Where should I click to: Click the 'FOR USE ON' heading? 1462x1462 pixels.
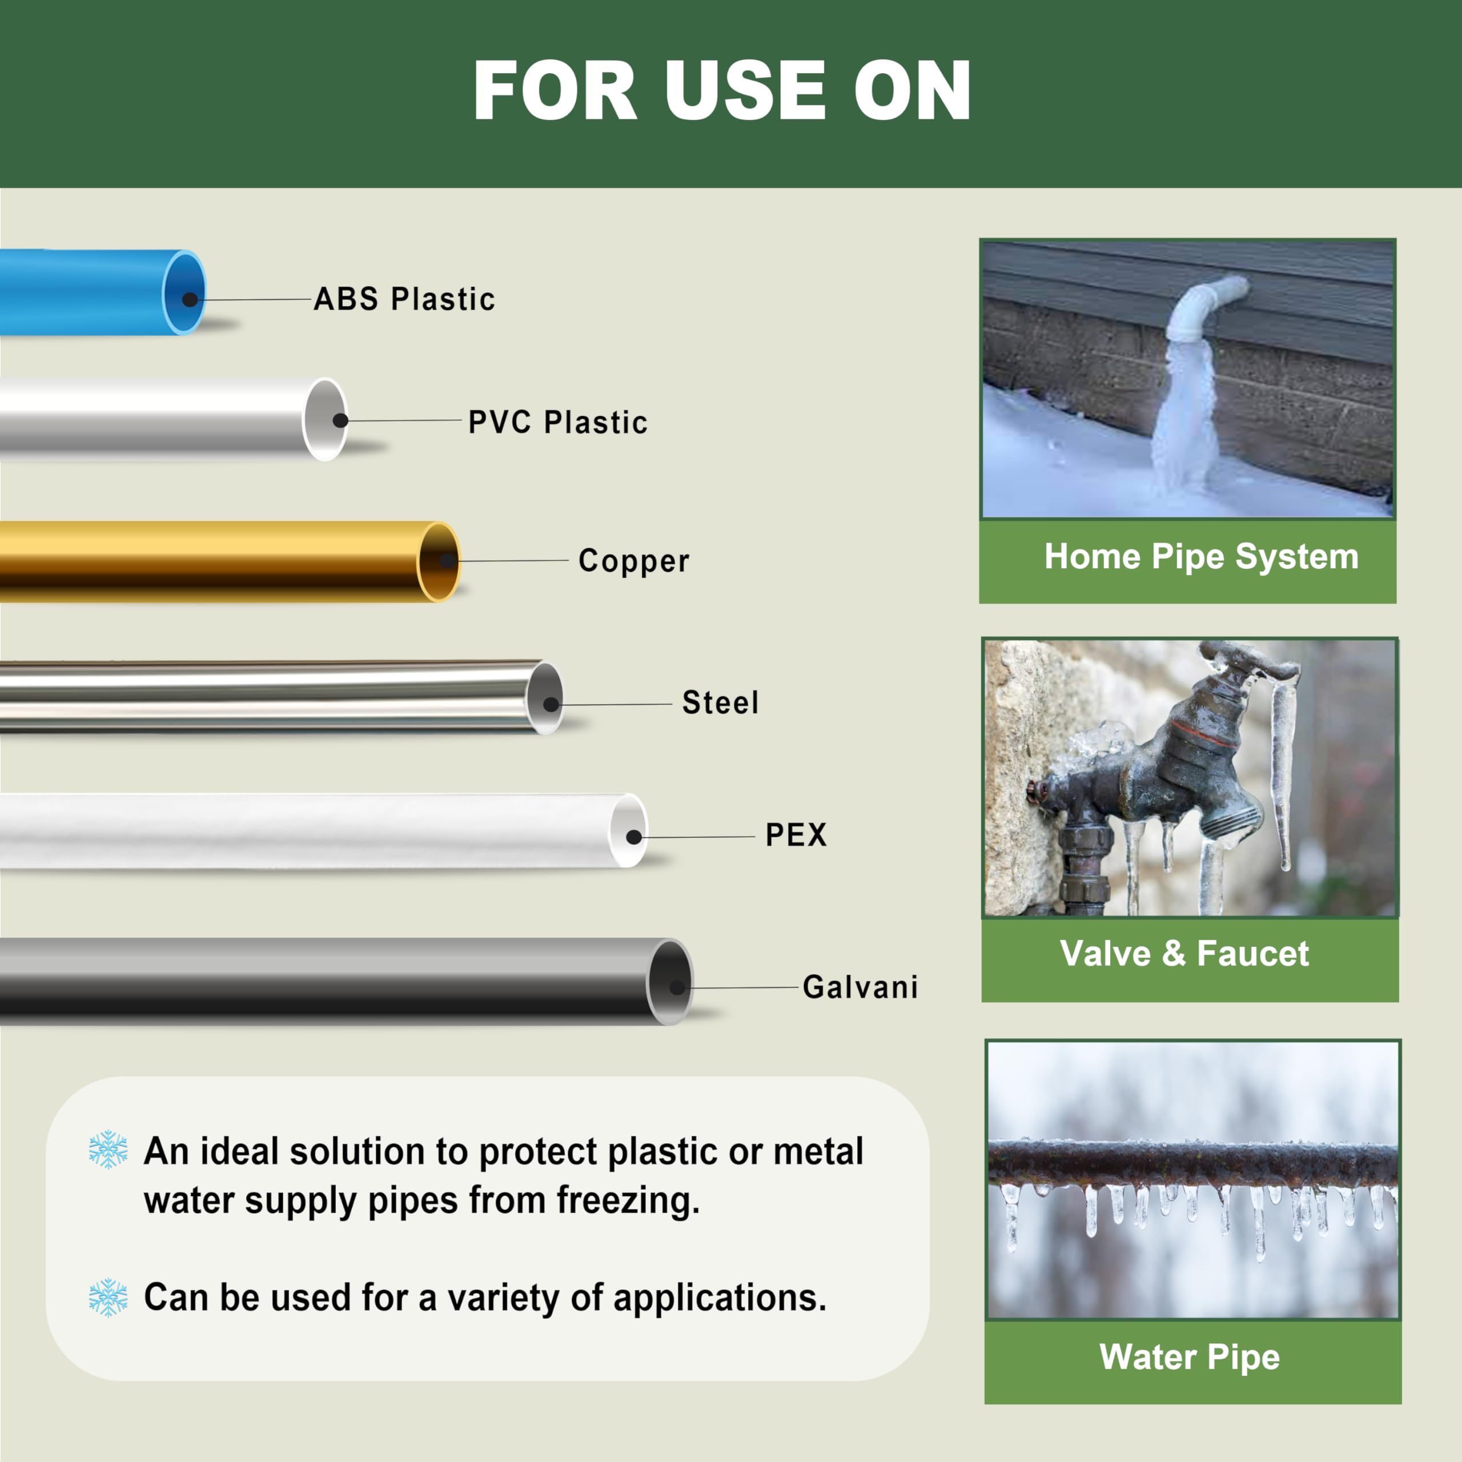point(722,91)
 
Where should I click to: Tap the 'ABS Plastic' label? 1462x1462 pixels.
point(404,299)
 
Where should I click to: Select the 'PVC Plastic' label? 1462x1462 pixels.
point(558,422)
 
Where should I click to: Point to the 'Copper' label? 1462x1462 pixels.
point(633,561)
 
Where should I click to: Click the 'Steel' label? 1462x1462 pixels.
point(720,702)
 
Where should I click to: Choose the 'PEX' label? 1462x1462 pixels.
point(796,836)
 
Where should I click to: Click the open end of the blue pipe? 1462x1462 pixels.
point(184,293)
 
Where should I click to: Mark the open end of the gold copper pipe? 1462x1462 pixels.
point(440,561)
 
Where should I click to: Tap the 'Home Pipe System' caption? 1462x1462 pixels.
point(1201,556)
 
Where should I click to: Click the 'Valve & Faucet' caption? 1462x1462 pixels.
point(1184,954)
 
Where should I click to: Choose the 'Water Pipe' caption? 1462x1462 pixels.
point(1190,1357)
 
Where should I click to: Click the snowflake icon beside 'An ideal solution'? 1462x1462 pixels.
point(108,1150)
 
